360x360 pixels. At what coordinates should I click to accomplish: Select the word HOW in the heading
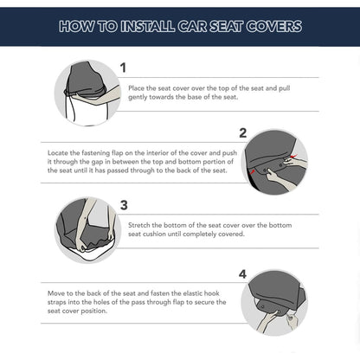tap(76, 26)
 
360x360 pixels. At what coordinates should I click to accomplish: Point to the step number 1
tap(123, 67)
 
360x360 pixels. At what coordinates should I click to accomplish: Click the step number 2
tap(243, 132)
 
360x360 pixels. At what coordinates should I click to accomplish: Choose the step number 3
tap(124, 205)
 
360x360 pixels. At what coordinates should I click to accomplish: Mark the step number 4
tap(242, 274)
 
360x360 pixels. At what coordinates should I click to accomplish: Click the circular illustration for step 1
tap(87, 93)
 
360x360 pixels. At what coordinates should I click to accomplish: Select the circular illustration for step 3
tap(87, 229)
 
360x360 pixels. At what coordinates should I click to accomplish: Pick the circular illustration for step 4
tap(274, 302)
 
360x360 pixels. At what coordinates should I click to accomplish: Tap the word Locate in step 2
tap(59, 151)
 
